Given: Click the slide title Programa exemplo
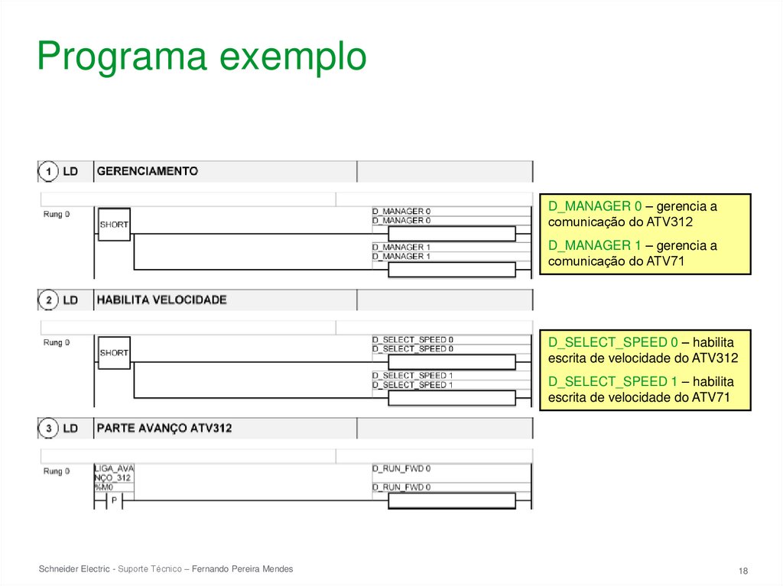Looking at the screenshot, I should pyautogui.click(x=201, y=57).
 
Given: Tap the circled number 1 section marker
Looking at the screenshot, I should pyautogui.click(x=49, y=172).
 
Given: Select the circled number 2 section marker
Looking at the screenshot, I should pyautogui.click(x=49, y=300).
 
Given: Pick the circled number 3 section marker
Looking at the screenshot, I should pyautogui.click(x=49, y=429).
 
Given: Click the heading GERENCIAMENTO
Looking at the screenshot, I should pyautogui.click(x=147, y=171).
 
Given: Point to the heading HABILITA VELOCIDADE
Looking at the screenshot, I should pyautogui.click(x=161, y=299).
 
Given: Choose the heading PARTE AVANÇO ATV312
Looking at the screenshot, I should pyautogui.click(x=164, y=428).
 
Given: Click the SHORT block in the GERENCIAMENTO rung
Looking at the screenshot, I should pyautogui.click(x=114, y=225).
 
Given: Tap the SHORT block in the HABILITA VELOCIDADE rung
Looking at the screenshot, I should pyautogui.click(x=114, y=353).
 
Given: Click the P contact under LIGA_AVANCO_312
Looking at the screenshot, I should pyautogui.click(x=114, y=501).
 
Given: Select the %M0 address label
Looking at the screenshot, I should pyautogui.click(x=103, y=487).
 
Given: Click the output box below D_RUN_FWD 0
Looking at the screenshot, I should pyautogui.click(x=451, y=501).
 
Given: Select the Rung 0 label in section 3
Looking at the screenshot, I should pyautogui.click(x=57, y=471).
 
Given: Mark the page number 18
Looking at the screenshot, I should pyautogui.click(x=742, y=571).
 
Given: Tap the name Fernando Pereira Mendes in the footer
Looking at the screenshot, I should pyautogui.click(x=242, y=569).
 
